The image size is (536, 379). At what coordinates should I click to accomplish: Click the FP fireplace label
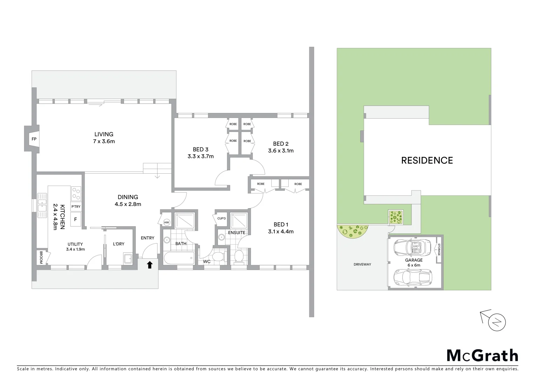[x=34, y=139]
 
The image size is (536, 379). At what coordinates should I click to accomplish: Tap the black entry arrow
[x=150, y=265]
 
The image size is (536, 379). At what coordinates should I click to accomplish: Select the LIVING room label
[x=104, y=134]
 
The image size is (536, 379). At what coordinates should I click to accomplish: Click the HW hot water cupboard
[x=166, y=222]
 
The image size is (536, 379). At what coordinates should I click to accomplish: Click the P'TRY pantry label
[x=76, y=207]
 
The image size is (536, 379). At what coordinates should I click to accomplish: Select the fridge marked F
[x=75, y=220]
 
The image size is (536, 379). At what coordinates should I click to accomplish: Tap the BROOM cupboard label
[x=41, y=257]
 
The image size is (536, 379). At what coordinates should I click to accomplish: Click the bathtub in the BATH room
[x=179, y=259]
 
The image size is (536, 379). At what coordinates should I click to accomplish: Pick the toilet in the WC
[x=219, y=256]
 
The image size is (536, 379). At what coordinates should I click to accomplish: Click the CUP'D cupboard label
[x=221, y=219]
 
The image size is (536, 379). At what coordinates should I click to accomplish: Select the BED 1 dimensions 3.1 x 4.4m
[x=281, y=232]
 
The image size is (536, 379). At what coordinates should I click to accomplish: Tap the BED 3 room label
[x=200, y=149]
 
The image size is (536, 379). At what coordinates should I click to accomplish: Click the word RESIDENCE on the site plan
[x=427, y=160]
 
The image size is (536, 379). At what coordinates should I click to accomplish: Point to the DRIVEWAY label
[x=362, y=264]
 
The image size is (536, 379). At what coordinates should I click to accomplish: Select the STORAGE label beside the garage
[x=438, y=249]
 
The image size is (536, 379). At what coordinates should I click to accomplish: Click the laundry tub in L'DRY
[x=128, y=259]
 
